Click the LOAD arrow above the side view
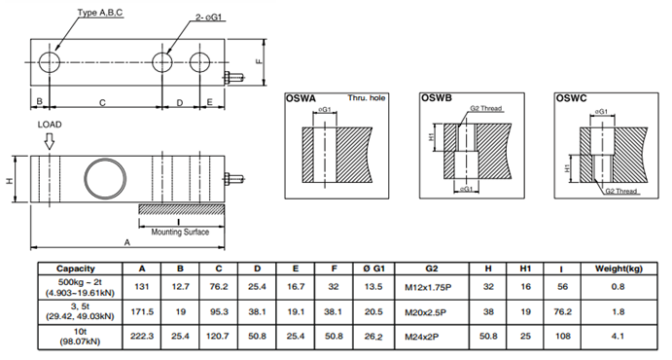[50, 141]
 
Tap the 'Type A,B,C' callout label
[100, 13]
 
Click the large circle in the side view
[105, 178]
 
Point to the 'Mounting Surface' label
[180, 232]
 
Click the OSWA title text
[301, 98]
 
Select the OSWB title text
[437, 98]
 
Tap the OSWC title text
[571, 98]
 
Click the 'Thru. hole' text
[367, 98]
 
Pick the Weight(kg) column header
[619, 269]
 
